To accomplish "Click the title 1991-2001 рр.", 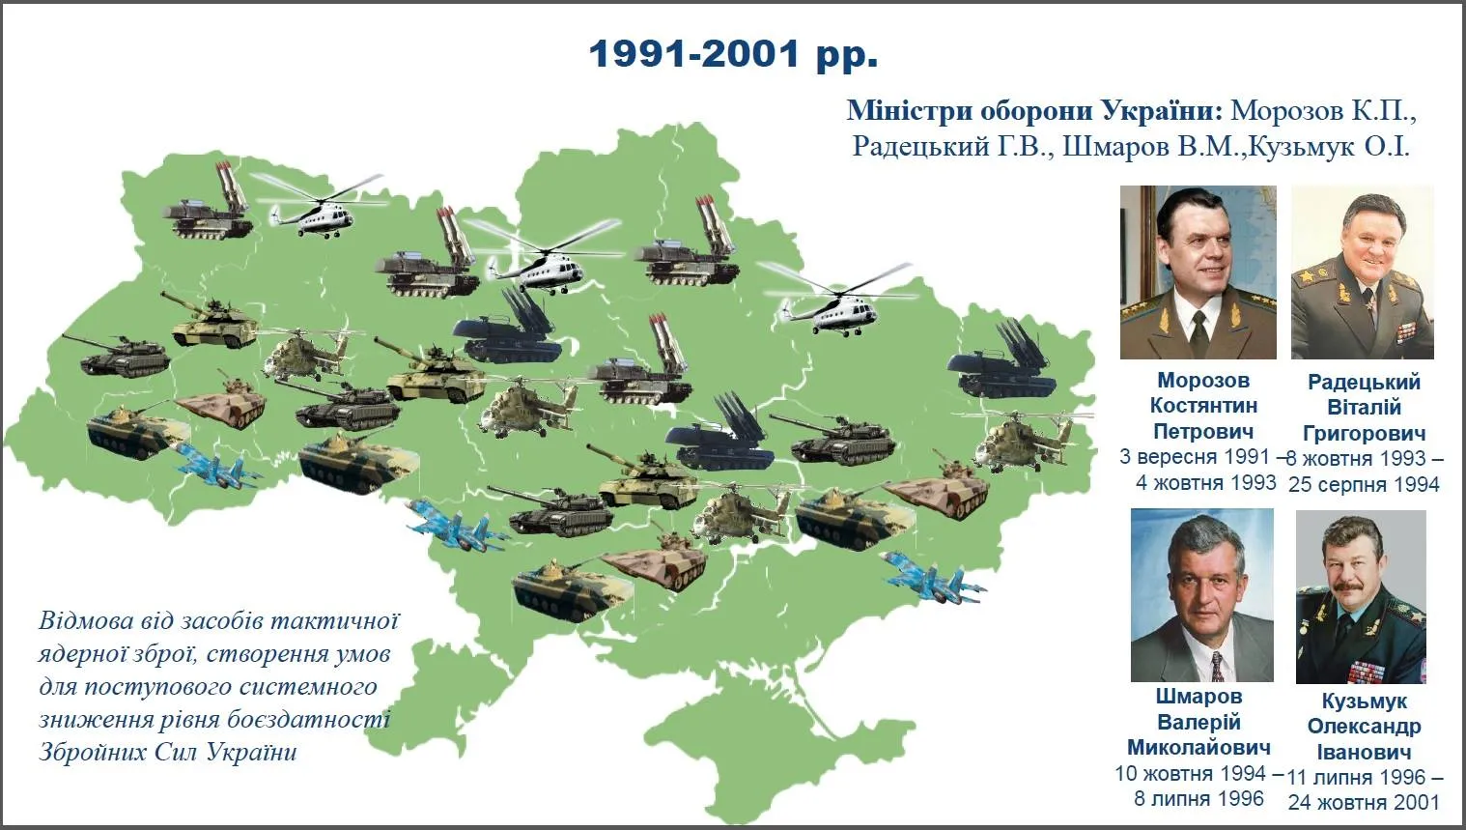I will (x=733, y=54).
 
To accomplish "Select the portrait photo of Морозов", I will (x=1198, y=272).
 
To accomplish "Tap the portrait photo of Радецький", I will (x=1362, y=272).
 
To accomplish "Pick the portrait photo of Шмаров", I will (x=1201, y=595).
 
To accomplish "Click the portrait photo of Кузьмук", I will (x=1360, y=597).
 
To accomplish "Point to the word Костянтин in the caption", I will (x=1203, y=406).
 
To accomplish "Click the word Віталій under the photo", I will (x=1364, y=408).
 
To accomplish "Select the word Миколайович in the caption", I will (x=1198, y=748).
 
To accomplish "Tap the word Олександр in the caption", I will (x=1364, y=727).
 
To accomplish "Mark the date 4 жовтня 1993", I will (x=1205, y=482).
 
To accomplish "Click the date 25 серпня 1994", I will (x=1364, y=484).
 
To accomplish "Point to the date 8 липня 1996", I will (x=1198, y=799).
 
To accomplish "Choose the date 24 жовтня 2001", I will (x=1364, y=802).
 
